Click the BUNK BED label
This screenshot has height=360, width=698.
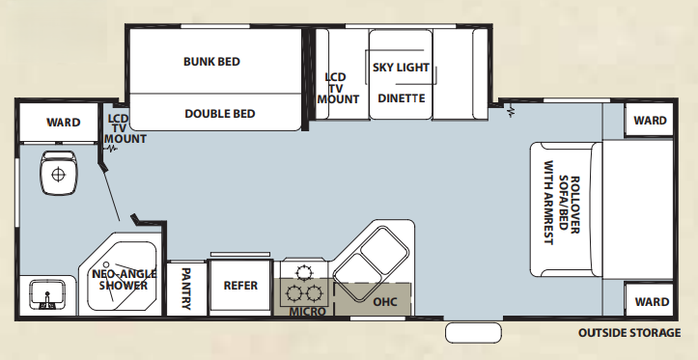click(x=211, y=62)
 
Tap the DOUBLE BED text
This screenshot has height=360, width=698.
click(x=219, y=114)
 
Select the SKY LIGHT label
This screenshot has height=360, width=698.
click(x=401, y=69)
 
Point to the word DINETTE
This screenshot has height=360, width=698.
click(x=401, y=98)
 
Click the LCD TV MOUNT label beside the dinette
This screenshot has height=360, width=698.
click(x=339, y=87)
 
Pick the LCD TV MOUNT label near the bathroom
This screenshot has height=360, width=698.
click(x=125, y=128)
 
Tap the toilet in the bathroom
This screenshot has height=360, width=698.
click(x=59, y=175)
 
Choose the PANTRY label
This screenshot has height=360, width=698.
click(x=186, y=289)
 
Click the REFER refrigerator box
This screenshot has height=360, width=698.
click(x=240, y=286)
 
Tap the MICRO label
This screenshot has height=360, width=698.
click(x=307, y=312)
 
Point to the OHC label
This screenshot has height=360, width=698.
click(x=385, y=301)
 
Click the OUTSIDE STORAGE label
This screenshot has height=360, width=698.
click(x=628, y=333)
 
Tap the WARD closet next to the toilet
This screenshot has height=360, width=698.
click(x=64, y=123)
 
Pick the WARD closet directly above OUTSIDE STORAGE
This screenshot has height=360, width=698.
click(x=650, y=301)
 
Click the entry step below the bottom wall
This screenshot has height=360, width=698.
click(x=473, y=333)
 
